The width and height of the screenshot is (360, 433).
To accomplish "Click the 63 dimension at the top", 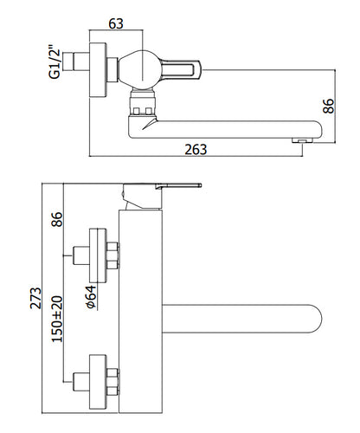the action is tap(116, 23).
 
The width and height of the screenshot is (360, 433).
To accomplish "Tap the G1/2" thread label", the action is tap(55, 61).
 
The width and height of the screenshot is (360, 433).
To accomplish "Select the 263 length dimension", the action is tap(196, 150).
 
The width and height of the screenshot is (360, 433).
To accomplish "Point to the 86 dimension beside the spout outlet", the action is tap(329, 106).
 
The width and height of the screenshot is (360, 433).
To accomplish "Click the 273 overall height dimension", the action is tap(35, 298).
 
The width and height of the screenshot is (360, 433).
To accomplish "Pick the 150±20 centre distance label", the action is tap(57, 319).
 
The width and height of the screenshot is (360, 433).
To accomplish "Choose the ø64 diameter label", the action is tap(91, 297).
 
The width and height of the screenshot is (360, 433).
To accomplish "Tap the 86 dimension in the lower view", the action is tap(57, 219).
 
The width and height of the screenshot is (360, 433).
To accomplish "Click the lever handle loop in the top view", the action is tap(180, 69).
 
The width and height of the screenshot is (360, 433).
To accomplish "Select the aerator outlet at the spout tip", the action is tap(302, 140).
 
